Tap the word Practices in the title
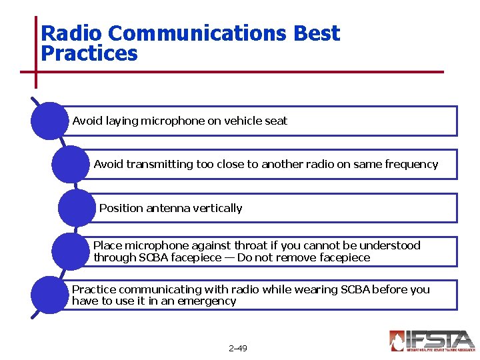pyautogui.click(x=89, y=53)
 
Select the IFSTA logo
pyautogui.click(x=431, y=341)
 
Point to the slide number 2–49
pyautogui.click(x=237, y=349)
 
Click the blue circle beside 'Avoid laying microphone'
pyautogui.click(x=49, y=121)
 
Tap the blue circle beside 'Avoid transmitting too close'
pyautogui.click(x=70, y=164)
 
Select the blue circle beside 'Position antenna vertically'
pyautogui.click(x=77, y=208)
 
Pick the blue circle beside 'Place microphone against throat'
pyautogui.click(x=70, y=251)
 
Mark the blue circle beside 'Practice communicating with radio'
pyautogui.click(x=49, y=295)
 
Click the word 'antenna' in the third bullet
pyautogui.click(x=167, y=208)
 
